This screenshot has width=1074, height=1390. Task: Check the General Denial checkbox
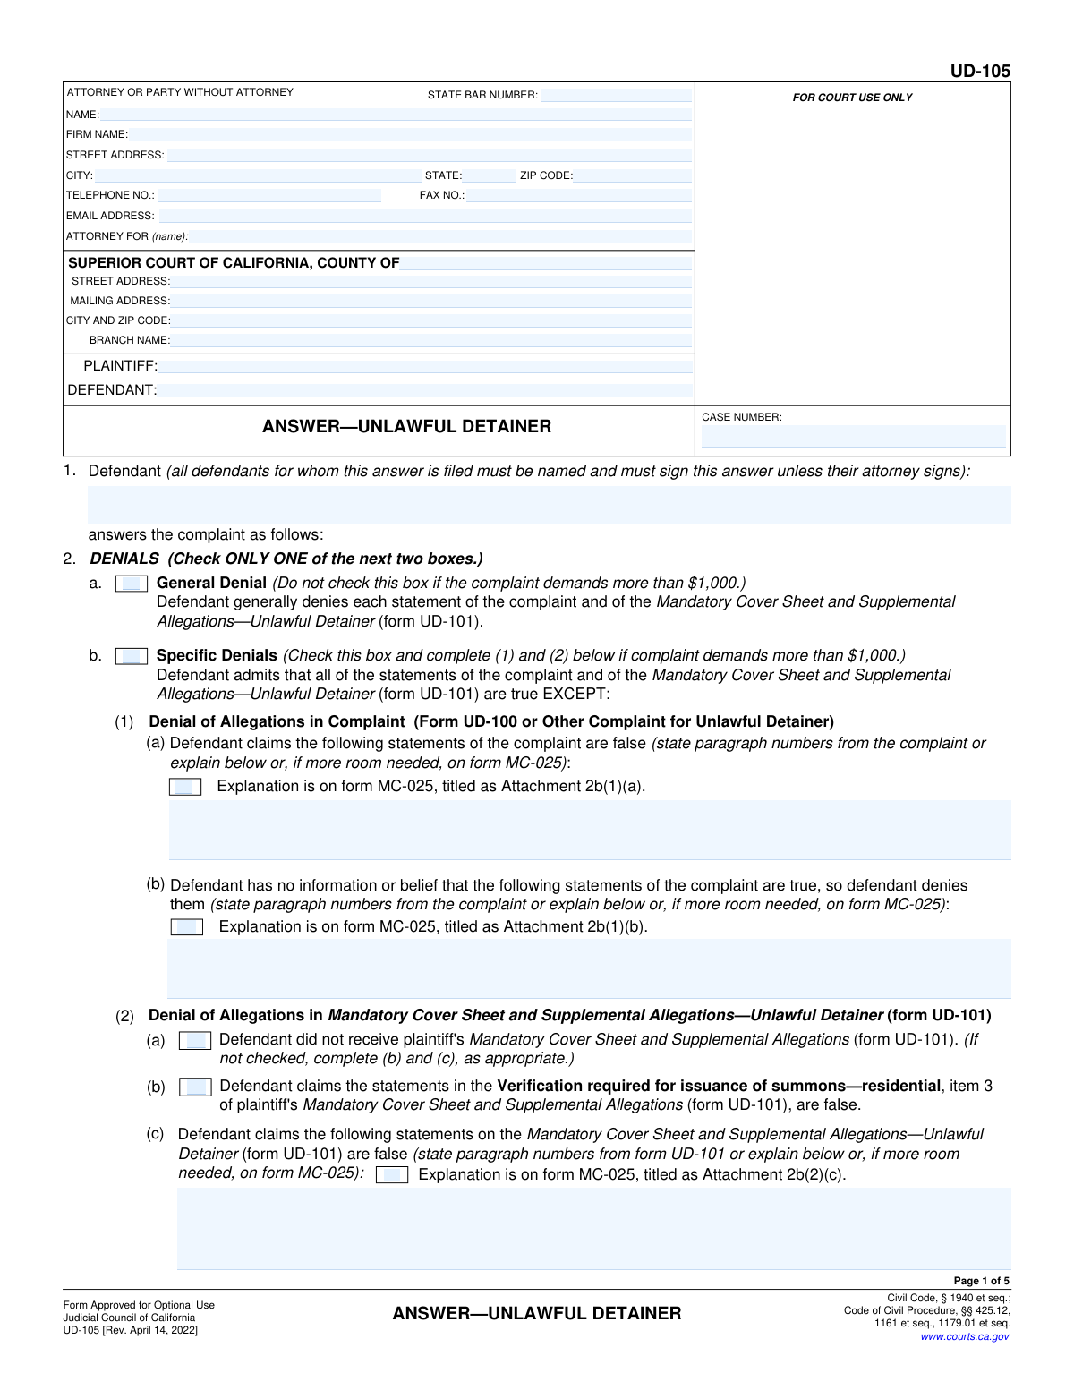click(132, 584)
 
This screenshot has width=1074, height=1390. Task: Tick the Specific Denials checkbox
click(132, 656)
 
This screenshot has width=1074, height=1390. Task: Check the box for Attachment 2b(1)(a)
click(185, 787)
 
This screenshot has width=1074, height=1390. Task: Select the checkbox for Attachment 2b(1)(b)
click(187, 927)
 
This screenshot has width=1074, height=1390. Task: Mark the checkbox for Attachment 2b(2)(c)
click(392, 1175)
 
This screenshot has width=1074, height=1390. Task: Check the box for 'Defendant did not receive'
click(195, 1040)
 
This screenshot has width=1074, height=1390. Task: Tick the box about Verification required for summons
click(195, 1087)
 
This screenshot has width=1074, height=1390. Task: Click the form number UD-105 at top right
click(980, 71)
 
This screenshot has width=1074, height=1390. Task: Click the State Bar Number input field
click(616, 95)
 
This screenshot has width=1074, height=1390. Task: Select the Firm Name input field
click(409, 134)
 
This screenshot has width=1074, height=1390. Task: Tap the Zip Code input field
click(633, 175)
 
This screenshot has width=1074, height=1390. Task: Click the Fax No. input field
click(579, 195)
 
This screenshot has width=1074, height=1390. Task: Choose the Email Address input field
click(424, 216)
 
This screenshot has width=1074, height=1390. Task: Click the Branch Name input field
click(431, 340)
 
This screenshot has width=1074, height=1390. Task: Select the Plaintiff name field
click(426, 366)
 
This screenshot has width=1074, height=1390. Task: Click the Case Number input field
click(853, 436)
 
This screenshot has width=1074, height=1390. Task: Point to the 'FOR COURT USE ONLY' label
click(852, 98)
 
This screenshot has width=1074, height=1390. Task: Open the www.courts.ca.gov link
click(964, 1336)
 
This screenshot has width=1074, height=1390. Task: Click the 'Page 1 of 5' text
click(981, 1281)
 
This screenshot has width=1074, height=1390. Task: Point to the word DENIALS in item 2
click(124, 559)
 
